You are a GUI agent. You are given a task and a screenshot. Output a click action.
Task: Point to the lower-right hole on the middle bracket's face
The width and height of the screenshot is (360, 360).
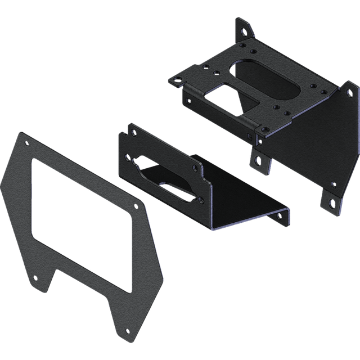pyautogui.click(x=198, y=199)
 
